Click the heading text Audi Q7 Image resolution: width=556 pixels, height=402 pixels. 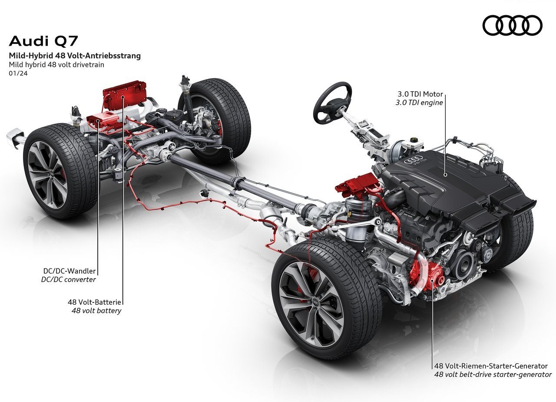pos(43,41)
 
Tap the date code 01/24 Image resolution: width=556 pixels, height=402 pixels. pos(18,73)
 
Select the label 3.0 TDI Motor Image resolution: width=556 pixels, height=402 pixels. pos(420,94)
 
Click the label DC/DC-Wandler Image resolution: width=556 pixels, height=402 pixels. pos(69,271)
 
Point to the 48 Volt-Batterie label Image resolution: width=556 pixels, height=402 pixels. pos(94,302)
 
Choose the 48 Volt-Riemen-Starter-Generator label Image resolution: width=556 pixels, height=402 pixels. pos(491,366)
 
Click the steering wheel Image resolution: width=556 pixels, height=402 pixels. pos(332,103)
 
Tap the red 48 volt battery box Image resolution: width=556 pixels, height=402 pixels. pos(125,95)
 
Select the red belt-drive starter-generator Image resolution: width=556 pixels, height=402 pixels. pos(425,277)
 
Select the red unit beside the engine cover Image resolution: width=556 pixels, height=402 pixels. pos(357,184)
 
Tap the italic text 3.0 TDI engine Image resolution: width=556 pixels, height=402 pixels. pos(419,103)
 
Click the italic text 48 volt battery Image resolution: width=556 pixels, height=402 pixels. pos(96,311)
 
